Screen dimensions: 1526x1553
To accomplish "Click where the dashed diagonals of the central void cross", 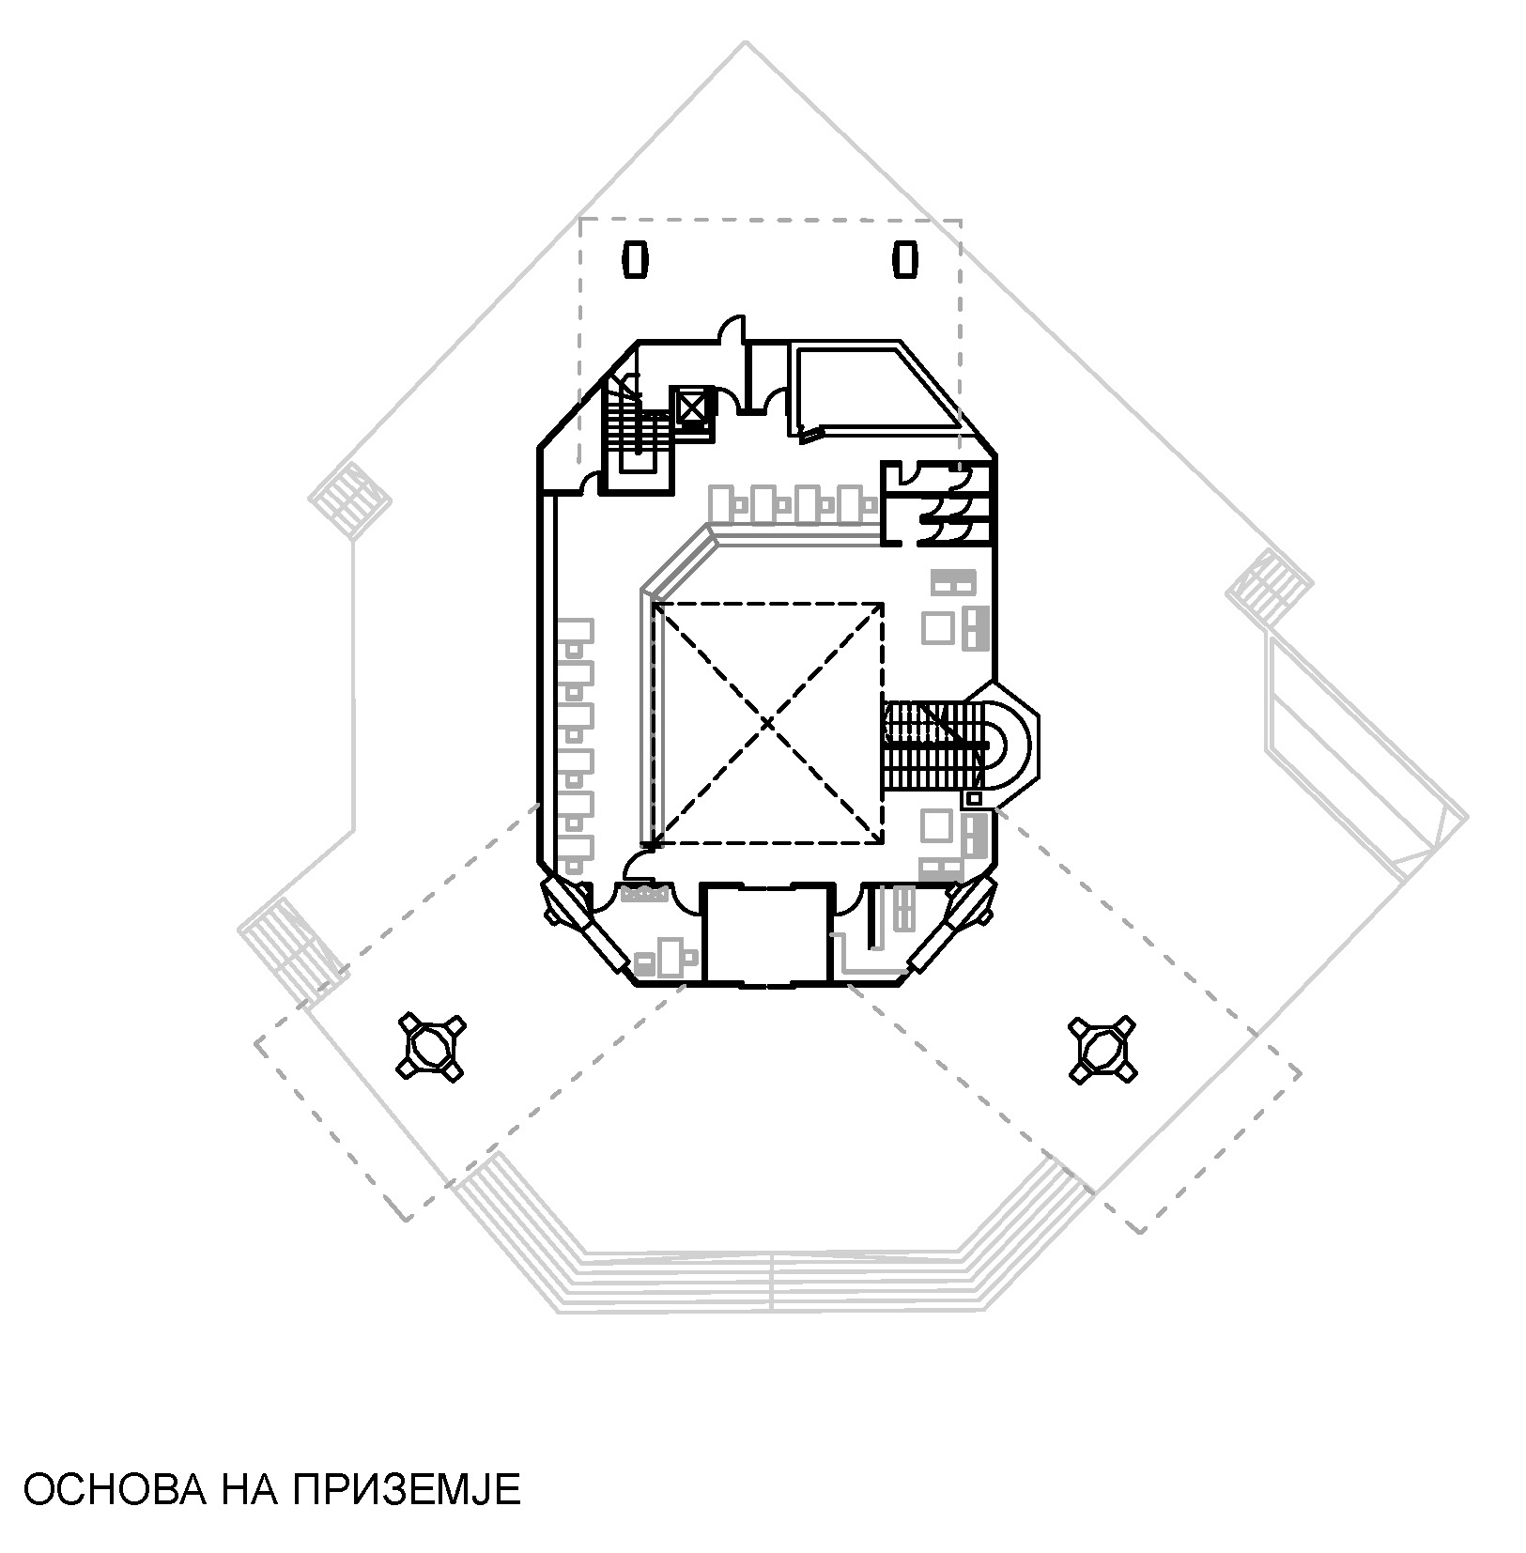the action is (x=769, y=723).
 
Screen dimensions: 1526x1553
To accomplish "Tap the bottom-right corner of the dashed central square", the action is (x=883, y=842).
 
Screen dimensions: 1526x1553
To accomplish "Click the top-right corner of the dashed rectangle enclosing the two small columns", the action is (x=960, y=221).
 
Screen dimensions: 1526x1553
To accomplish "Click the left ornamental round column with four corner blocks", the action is (x=432, y=1046).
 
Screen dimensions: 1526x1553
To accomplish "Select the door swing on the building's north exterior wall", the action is (x=732, y=328).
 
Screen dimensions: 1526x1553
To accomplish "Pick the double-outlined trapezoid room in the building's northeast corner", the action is (x=873, y=390).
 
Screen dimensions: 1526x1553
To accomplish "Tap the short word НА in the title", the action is (x=248, y=1490).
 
